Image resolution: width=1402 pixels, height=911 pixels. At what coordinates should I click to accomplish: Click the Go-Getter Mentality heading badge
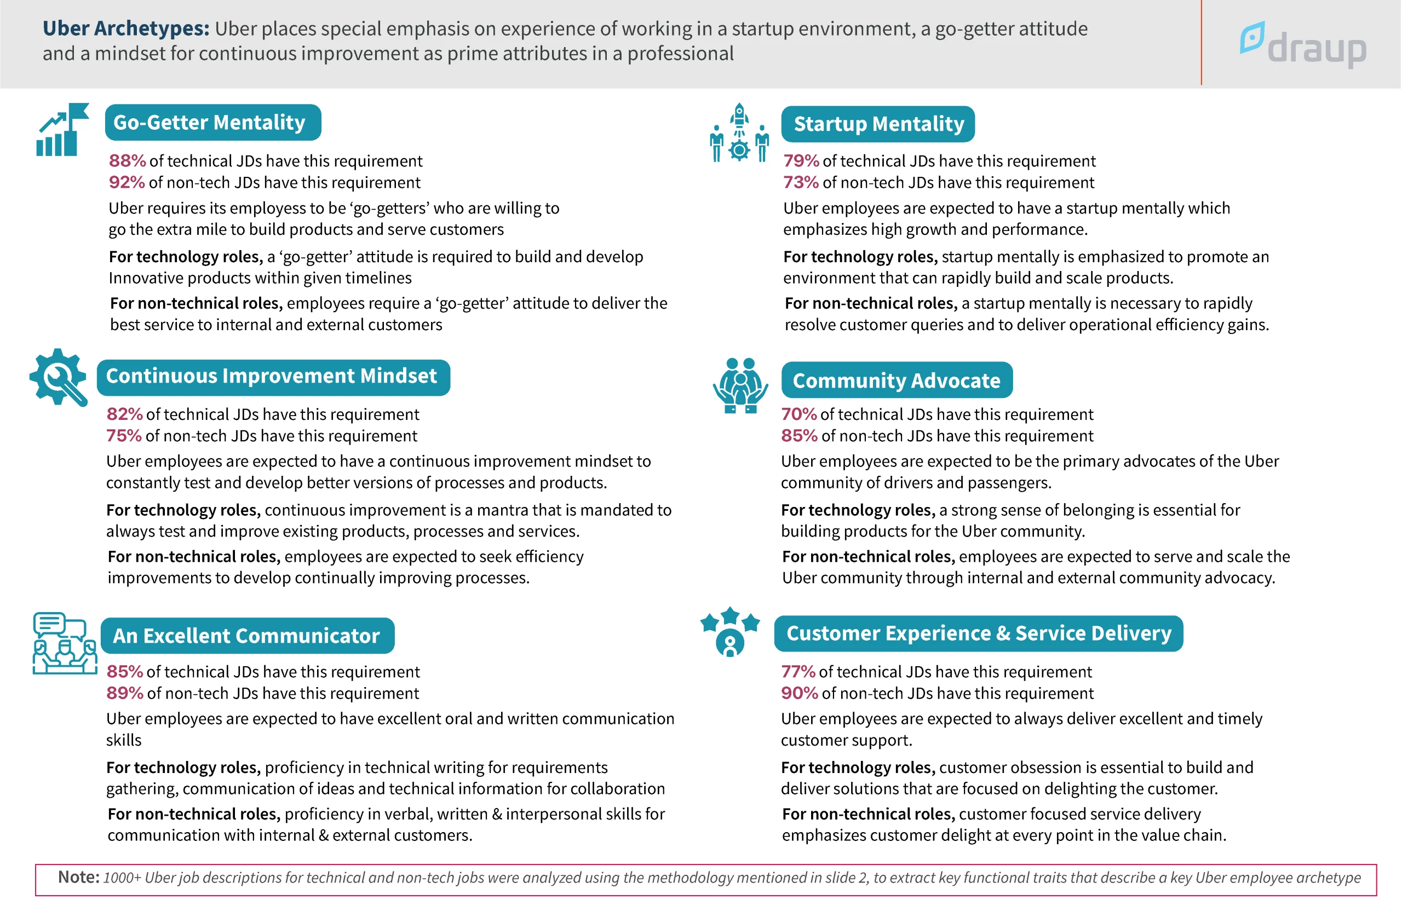coord(212,123)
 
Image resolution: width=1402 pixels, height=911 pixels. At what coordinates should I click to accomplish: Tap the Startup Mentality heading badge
coord(878,124)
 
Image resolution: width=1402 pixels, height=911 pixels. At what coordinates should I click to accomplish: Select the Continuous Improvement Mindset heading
coord(273,377)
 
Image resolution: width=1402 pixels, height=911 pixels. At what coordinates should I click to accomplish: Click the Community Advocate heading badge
coord(896,380)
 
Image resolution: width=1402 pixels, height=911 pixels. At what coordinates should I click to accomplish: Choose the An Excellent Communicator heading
coord(247,636)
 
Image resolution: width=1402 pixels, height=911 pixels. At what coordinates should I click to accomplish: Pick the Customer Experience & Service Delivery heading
coord(978,633)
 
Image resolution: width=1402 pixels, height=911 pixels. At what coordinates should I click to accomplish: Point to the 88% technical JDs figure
coord(127,161)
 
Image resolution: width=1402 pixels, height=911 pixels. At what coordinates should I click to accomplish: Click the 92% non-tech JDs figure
coord(126,182)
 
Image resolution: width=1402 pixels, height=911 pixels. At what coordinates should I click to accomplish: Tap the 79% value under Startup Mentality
coord(801,161)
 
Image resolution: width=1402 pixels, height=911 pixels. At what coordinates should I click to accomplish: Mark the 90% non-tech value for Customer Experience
coord(799,693)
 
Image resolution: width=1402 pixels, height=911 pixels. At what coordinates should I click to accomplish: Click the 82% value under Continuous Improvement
coord(124,414)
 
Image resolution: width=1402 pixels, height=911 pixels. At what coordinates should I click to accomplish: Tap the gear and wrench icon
coord(58,377)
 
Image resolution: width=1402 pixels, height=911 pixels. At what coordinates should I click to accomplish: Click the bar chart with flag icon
coord(62,130)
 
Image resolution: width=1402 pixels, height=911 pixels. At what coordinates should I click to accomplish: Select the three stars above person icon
coord(730,631)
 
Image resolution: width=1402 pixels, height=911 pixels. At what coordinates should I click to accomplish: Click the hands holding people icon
coord(740,386)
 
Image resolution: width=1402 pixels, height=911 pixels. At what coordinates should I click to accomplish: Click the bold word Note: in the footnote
coord(78,877)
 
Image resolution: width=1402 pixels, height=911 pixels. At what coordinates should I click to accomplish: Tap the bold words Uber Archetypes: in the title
coord(125,28)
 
